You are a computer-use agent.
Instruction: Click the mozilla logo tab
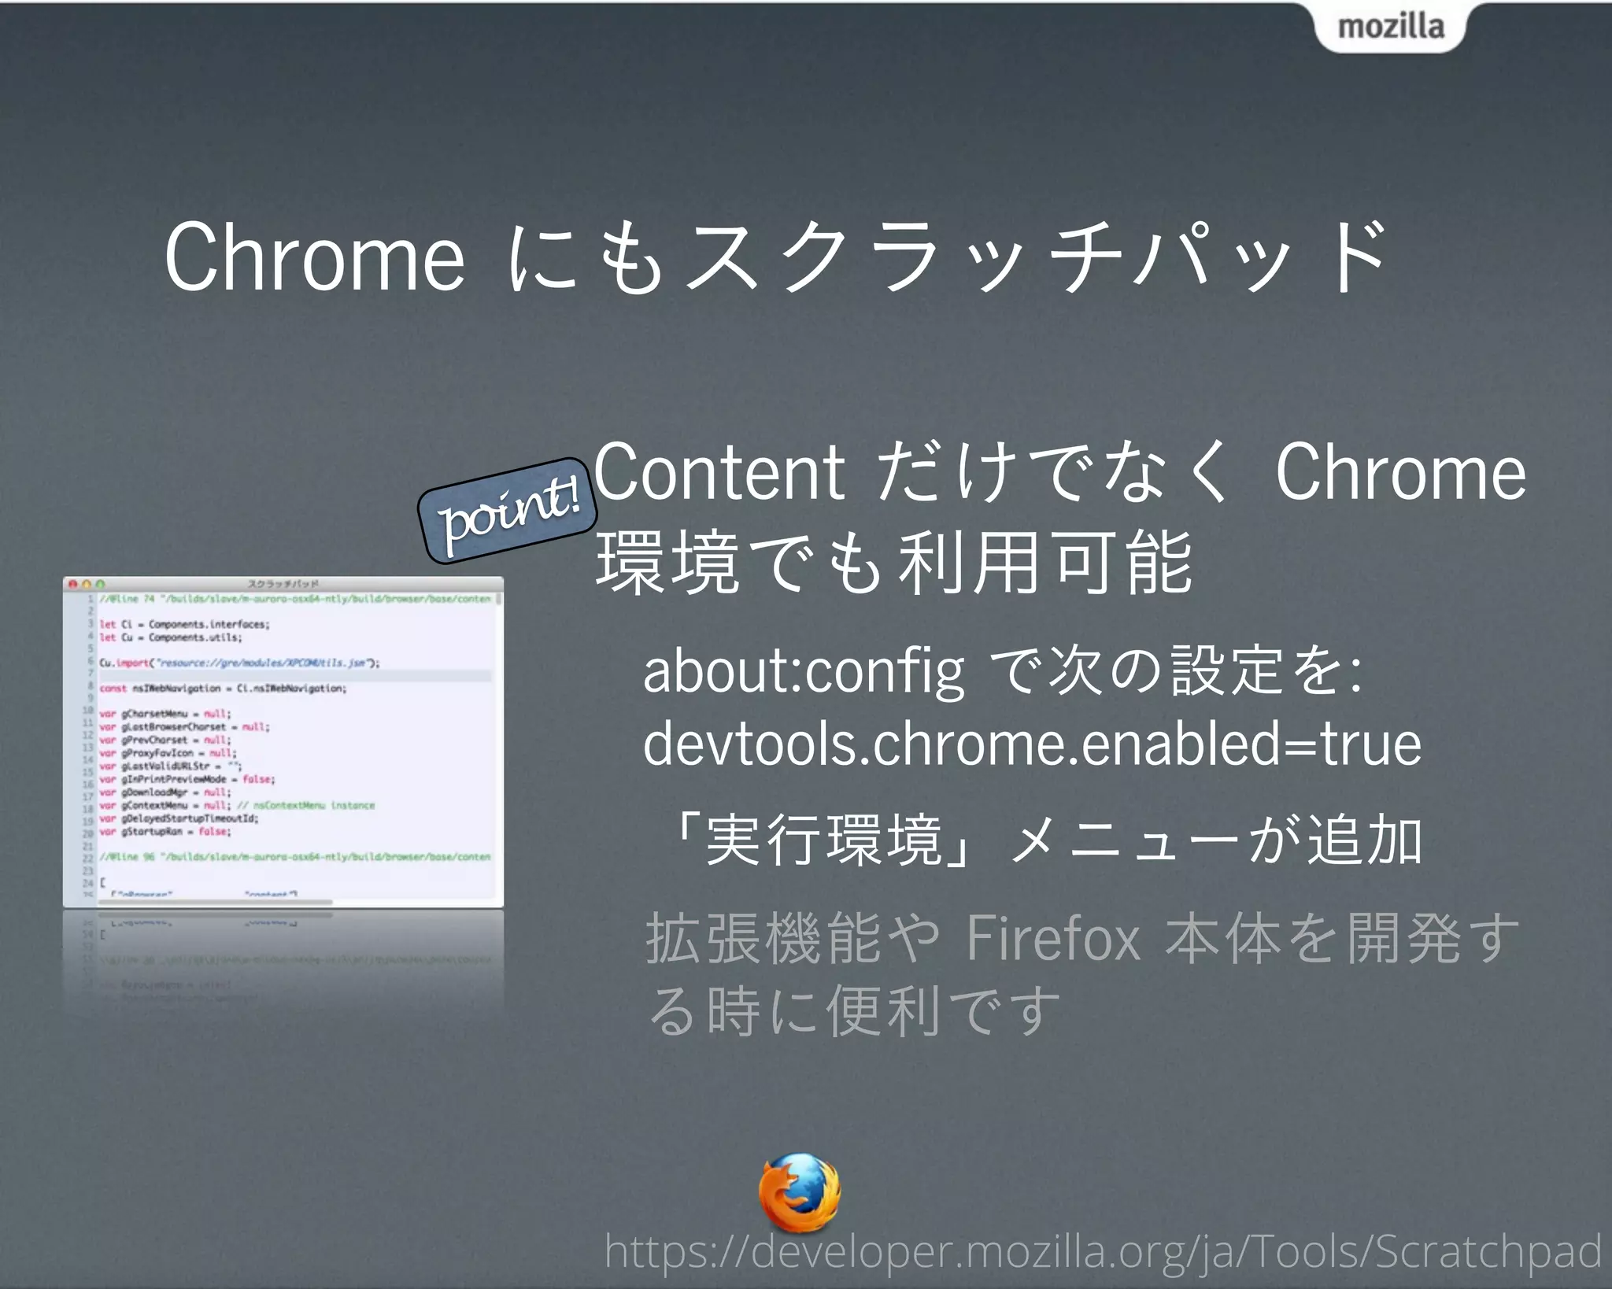pyautogui.click(x=1390, y=27)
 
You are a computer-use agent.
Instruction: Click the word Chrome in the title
pyautogui.click(x=314, y=257)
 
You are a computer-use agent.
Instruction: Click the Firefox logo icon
pyautogui.click(x=799, y=1193)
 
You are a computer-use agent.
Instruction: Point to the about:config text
pyautogui.click(x=803, y=670)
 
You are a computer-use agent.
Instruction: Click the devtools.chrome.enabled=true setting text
pyautogui.click(x=1032, y=744)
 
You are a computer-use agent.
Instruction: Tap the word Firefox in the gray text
pyautogui.click(x=1053, y=938)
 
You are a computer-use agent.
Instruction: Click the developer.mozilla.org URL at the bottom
pyautogui.click(x=1102, y=1251)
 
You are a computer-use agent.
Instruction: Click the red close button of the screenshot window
pyautogui.click(x=72, y=585)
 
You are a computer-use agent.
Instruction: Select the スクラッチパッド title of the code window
pyautogui.click(x=283, y=585)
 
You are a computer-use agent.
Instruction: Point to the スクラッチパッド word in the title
pyautogui.click(x=1035, y=257)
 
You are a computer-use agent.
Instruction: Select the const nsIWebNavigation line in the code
pyautogui.click(x=224, y=689)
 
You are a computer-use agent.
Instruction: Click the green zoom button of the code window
pyautogui.click(x=100, y=585)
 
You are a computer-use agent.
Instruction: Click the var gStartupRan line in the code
pyautogui.click(x=165, y=832)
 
